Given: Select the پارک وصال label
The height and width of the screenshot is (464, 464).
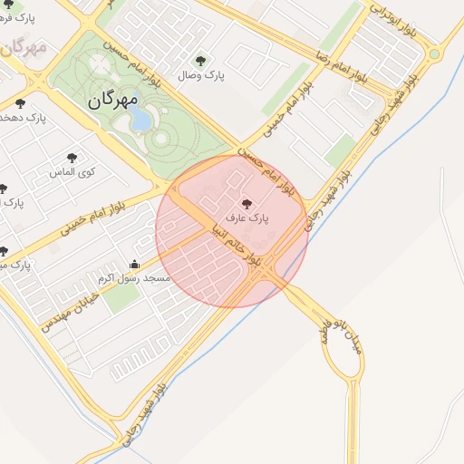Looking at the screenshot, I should point(202,76).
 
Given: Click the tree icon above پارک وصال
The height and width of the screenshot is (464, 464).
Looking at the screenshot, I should point(200,61).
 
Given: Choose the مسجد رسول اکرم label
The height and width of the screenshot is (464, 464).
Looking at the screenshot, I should point(134,279).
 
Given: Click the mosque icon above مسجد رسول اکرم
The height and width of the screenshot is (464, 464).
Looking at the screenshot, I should point(135,265).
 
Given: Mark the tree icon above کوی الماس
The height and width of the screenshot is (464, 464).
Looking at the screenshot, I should point(72,158).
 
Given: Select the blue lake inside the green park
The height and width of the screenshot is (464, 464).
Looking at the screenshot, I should point(142,120).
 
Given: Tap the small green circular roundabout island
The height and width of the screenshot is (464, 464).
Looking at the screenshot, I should point(434,54).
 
